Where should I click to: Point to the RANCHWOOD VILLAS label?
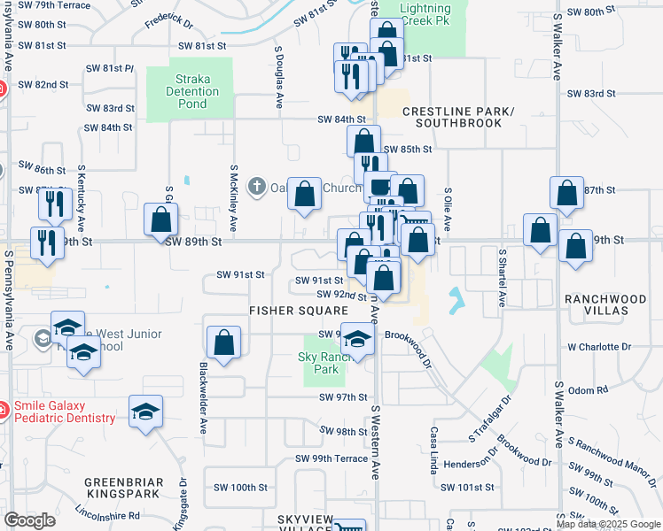[607, 305]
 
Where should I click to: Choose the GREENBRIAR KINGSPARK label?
[123, 489]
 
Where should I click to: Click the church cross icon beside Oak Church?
[257, 187]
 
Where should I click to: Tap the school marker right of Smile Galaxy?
[146, 412]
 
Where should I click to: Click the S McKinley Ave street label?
[234, 198]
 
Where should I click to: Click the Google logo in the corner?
[30, 520]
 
